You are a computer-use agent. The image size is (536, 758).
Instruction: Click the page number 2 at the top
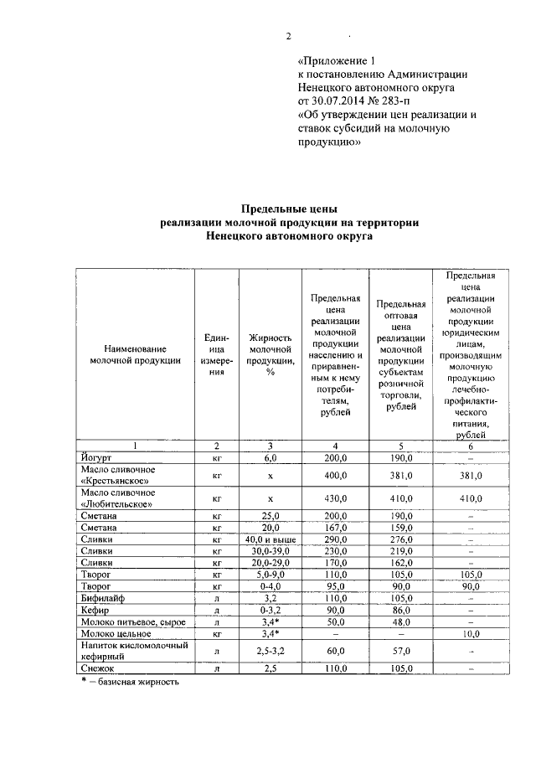[x=288, y=35]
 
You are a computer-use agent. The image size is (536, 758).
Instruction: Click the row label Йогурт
[x=97, y=457]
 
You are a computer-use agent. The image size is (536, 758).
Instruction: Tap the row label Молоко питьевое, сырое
[x=127, y=623]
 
